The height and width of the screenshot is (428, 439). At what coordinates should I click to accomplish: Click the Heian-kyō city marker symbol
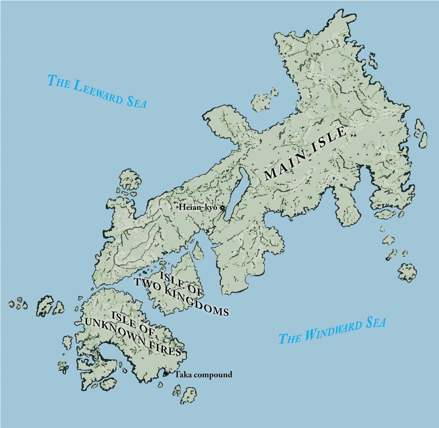pos(222,208)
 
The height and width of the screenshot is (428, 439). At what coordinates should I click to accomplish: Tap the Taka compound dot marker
pos(166,374)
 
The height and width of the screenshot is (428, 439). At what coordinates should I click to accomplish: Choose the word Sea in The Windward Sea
pos(375,323)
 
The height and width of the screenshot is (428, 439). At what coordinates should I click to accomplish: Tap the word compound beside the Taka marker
pos(211,375)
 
